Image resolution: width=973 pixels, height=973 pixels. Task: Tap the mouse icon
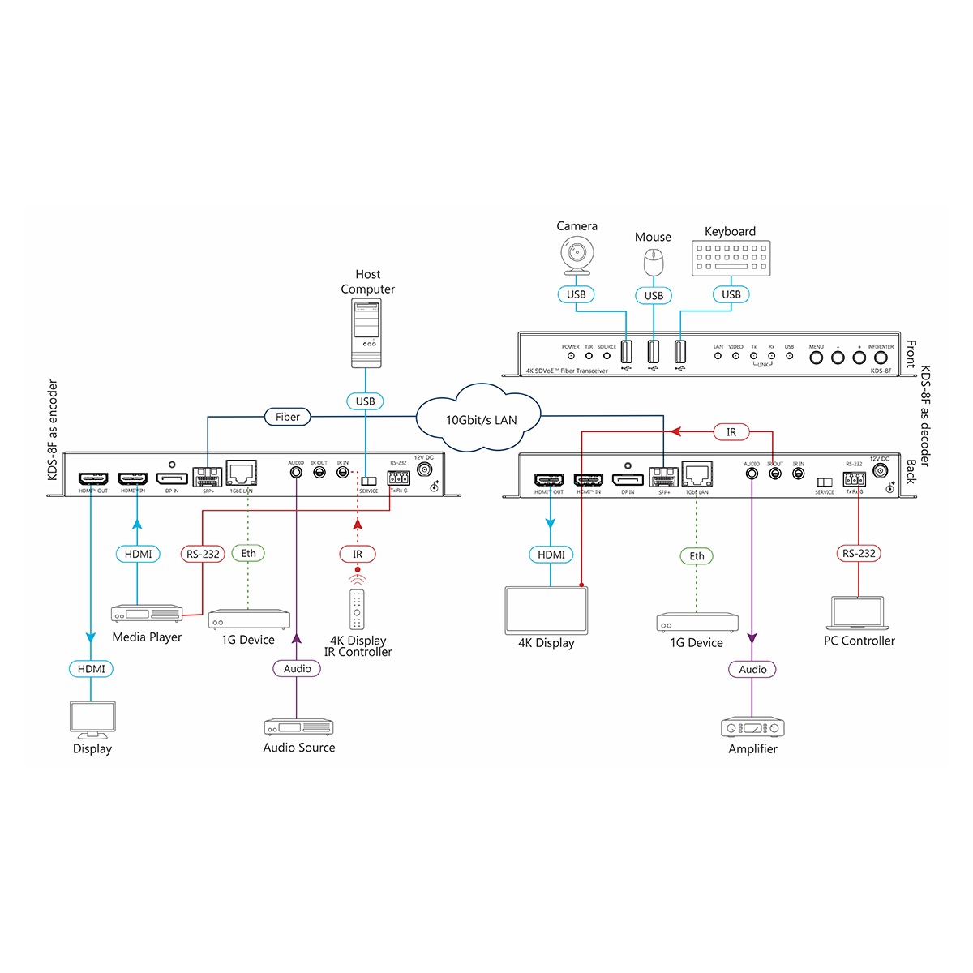pyautogui.click(x=653, y=263)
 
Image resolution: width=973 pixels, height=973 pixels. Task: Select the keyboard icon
pyautogui.click(x=731, y=259)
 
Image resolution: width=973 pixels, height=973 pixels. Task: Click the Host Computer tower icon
pyautogui.click(x=367, y=333)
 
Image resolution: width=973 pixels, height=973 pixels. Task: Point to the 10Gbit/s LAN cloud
pyautogui.click(x=480, y=418)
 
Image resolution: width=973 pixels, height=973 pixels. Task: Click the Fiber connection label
pyautogui.click(x=287, y=417)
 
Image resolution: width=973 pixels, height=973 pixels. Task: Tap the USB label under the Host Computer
pyautogui.click(x=365, y=401)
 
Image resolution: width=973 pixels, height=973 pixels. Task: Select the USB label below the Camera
pyautogui.click(x=577, y=294)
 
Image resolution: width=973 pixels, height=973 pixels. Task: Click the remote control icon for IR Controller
pyautogui.click(x=357, y=609)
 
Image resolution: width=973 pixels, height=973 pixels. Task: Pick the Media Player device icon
pyautogui.click(x=147, y=615)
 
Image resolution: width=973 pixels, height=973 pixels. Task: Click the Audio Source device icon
pyautogui.click(x=298, y=727)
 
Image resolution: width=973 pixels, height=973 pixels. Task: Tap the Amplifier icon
pyautogui.click(x=752, y=727)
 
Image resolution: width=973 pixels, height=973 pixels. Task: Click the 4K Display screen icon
pyautogui.click(x=546, y=611)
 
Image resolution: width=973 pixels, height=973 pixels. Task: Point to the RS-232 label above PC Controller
pyautogui.click(x=859, y=554)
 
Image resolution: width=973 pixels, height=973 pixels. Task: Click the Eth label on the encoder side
pyautogui.click(x=248, y=554)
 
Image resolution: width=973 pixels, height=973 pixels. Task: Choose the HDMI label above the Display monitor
pyautogui.click(x=91, y=669)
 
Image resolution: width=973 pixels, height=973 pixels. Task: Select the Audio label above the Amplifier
pyautogui.click(x=752, y=670)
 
